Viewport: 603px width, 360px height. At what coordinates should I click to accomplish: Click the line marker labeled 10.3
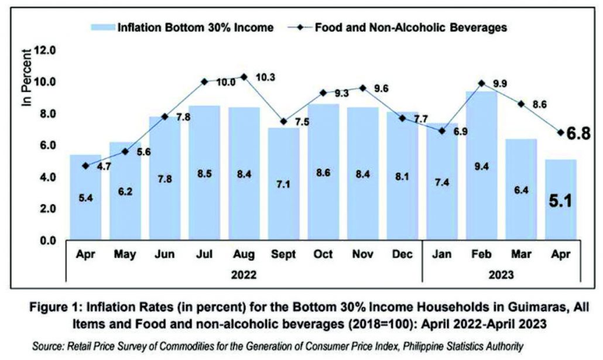tap(244, 77)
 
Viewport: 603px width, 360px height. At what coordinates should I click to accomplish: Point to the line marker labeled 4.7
tap(86, 166)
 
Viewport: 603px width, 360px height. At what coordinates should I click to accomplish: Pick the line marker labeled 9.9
tap(481, 83)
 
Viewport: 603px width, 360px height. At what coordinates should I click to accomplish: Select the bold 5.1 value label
tap(560, 202)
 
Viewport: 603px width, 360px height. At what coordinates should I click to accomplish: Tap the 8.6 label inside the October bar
tap(323, 190)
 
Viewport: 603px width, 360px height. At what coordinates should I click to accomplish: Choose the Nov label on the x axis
tap(362, 255)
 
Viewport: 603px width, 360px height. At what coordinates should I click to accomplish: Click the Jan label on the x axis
tap(442, 255)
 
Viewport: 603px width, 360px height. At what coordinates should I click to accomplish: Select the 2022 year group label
tap(244, 273)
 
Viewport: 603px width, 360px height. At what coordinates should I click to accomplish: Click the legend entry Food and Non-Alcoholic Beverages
tap(404, 27)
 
